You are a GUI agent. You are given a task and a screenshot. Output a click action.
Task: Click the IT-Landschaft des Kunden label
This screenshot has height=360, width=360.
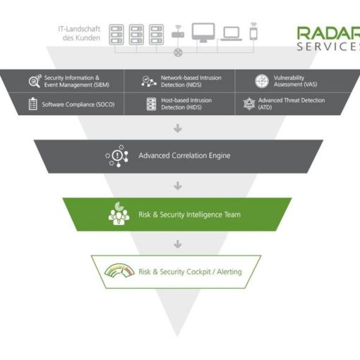(x=79, y=33)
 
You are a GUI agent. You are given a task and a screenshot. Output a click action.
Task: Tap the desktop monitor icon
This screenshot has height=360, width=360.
(x=203, y=32)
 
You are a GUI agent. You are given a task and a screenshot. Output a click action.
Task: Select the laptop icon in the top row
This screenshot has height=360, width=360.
(x=232, y=34)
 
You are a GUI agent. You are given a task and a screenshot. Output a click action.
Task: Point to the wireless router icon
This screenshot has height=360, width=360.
(x=178, y=32)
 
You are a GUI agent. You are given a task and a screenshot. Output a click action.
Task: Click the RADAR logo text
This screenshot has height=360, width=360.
(x=328, y=33)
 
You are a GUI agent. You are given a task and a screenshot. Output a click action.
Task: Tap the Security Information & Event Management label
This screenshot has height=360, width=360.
(x=77, y=81)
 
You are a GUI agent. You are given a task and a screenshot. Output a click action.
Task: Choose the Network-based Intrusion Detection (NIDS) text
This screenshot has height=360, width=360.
(x=191, y=81)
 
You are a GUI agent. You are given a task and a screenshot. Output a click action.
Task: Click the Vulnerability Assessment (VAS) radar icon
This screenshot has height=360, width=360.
(x=262, y=81)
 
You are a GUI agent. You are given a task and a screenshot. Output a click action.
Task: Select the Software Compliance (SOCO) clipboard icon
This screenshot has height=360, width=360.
(x=33, y=104)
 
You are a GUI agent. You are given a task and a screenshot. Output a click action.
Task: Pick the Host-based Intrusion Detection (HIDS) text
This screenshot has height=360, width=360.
(x=186, y=104)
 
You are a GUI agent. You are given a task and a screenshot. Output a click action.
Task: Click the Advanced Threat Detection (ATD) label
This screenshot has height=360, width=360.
(x=292, y=104)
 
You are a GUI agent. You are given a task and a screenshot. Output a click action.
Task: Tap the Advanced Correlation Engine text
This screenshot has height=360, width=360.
(x=184, y=155)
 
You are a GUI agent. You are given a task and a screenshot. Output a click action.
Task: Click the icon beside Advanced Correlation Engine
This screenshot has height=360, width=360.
(x=117, y=156)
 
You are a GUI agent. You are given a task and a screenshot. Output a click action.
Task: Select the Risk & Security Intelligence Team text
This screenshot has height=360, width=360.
(x=189, y=215)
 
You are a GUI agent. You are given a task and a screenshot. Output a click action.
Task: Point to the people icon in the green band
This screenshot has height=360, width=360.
(x=119, y=214)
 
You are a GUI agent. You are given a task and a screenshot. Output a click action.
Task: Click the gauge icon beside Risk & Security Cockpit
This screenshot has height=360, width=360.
(x=119, y=270)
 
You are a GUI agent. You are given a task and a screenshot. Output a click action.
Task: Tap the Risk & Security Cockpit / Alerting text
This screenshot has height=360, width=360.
(x=190, y=272)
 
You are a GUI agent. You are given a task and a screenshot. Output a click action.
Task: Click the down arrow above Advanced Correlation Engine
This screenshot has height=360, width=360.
(x=178, y=128)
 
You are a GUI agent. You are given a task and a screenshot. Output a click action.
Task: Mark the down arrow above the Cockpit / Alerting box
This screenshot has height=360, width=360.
(x=178, y=244)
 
